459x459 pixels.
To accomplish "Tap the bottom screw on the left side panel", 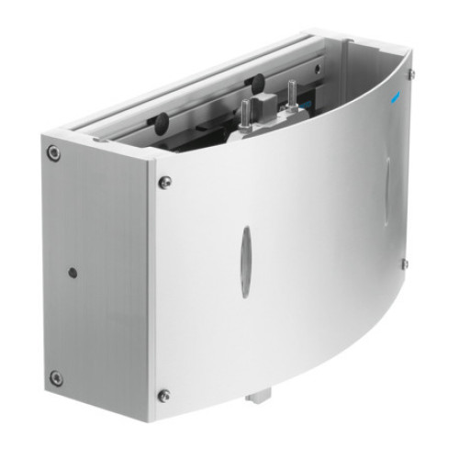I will coord(56,376).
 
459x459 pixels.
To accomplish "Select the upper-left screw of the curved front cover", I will coord(165,182).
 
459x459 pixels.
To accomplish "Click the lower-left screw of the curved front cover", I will coord(164,396).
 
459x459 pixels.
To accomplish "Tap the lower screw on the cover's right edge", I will coord(404,264).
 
